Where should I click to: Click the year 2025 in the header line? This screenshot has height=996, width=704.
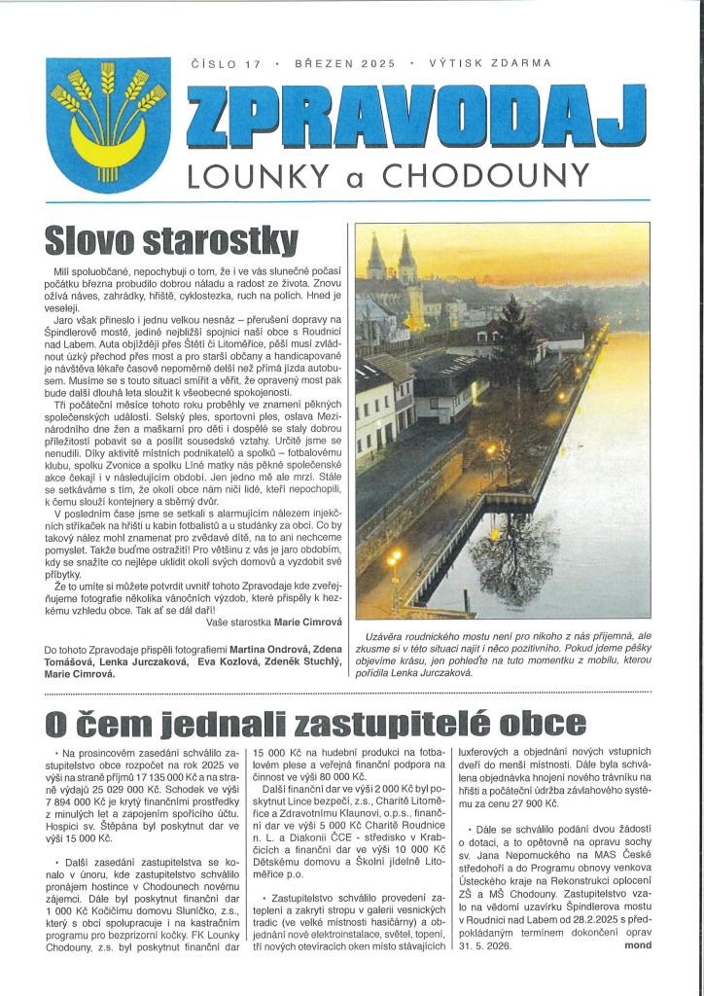point(377,64)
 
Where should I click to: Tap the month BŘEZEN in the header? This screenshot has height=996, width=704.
point(324,64)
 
